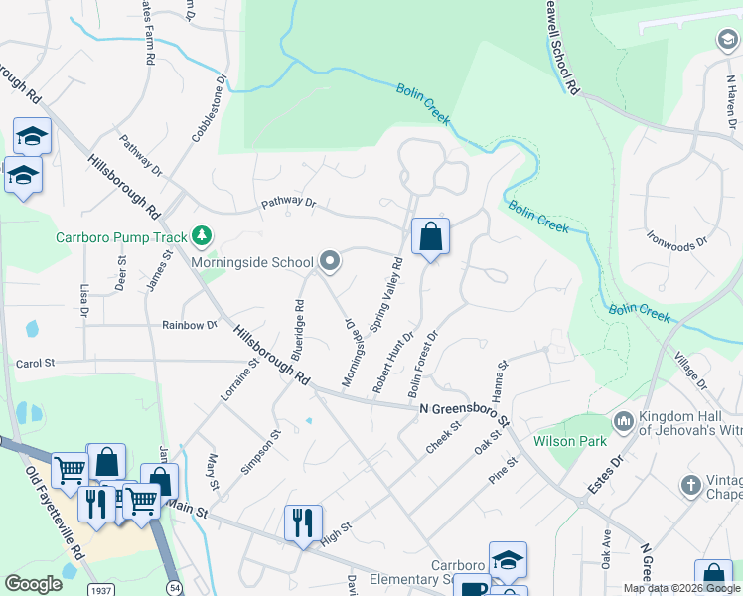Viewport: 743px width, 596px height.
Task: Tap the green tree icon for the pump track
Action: point(203,235)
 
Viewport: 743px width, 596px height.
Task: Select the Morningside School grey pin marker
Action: point(331,262)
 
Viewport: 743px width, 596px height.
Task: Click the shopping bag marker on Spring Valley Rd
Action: point(430,238)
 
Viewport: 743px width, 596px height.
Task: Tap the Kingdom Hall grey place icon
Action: point(624,420)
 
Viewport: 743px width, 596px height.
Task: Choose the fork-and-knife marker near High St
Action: point(303,522)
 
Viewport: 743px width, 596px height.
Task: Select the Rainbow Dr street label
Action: point(189,325)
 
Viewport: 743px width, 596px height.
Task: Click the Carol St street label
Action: point(35,365)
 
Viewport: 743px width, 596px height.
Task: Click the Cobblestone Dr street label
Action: point(211,104)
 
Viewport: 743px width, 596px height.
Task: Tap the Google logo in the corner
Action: point(33,584)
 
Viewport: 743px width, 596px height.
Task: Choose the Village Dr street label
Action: point(690,371)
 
